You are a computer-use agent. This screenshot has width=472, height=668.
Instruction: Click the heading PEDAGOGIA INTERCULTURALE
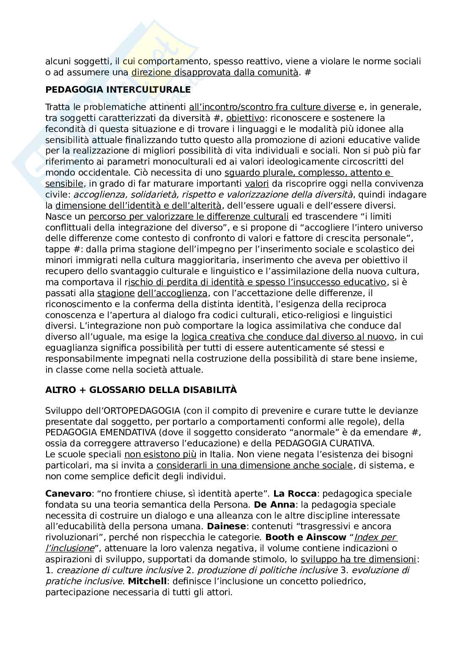[x=118, y=90]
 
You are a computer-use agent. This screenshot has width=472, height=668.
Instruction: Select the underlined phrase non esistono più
[x=160, y=455]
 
